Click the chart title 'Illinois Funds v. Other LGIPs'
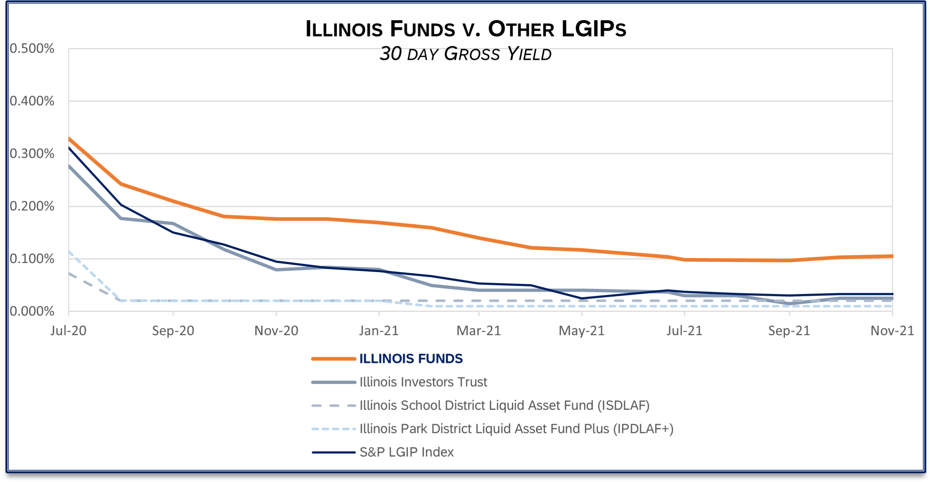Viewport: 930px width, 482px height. [x=466, y=29]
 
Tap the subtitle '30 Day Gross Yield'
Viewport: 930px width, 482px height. [x=466, y=54]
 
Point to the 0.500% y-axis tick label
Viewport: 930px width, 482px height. [x=32, y=48]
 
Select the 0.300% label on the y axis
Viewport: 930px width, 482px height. [x=32, y=154]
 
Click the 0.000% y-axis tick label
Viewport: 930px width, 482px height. [x=32, y=311]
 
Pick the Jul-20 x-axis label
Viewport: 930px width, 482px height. [x=68, y=331]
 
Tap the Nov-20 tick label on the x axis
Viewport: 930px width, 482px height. [x=276, y=331]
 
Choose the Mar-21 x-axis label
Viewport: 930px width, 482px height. [x=479, y=331]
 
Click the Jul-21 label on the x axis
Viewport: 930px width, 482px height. [x=684, y=331]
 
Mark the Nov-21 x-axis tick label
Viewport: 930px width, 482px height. [x=892, y=331]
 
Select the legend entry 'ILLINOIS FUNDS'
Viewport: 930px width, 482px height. [x=411, y=359]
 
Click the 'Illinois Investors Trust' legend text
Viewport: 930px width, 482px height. [x=423, y=382]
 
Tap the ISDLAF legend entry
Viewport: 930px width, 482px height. [x=504, y=405]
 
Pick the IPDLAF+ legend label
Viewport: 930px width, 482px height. [x=516, y=429]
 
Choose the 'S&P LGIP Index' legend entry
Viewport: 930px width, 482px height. [x=407, y=452]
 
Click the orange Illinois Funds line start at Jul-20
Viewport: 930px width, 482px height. [x=69, y=139]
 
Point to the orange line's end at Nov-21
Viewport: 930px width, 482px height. [x=892, y=256]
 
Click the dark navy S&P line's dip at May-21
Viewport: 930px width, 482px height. [x=582, y=298]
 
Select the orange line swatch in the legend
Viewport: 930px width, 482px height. [x=334, y=359]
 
